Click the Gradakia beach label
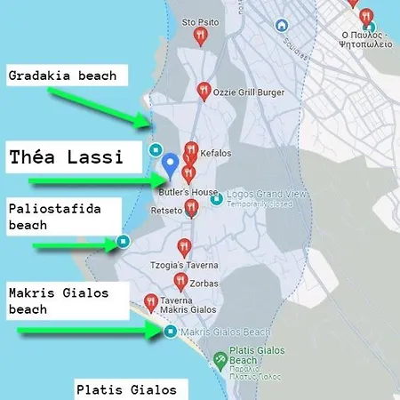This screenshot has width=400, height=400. [x=62, y=76]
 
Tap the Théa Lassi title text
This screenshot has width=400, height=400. [x=66, y=158]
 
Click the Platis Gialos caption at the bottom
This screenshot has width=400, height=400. [x=126, y=389]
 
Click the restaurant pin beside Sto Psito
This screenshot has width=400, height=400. [x=200, y=36]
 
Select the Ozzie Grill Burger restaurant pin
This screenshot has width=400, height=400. [x=204, y=90]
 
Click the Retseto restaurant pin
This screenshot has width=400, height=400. [x=189, y=210]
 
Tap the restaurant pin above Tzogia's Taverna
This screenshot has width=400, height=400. [x=184, y=246]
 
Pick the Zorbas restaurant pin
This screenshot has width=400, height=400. [x=178, y=281]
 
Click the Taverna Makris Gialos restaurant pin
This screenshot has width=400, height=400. [x=150, y=302]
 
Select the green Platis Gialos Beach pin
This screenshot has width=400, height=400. [x=219, y=360]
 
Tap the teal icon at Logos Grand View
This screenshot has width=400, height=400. [x=216, y=200]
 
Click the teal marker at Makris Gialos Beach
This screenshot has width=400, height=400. [x=171, y=332]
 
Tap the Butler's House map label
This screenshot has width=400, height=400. [x=188, y=192]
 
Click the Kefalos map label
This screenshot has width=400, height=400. [x=216, y=153]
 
